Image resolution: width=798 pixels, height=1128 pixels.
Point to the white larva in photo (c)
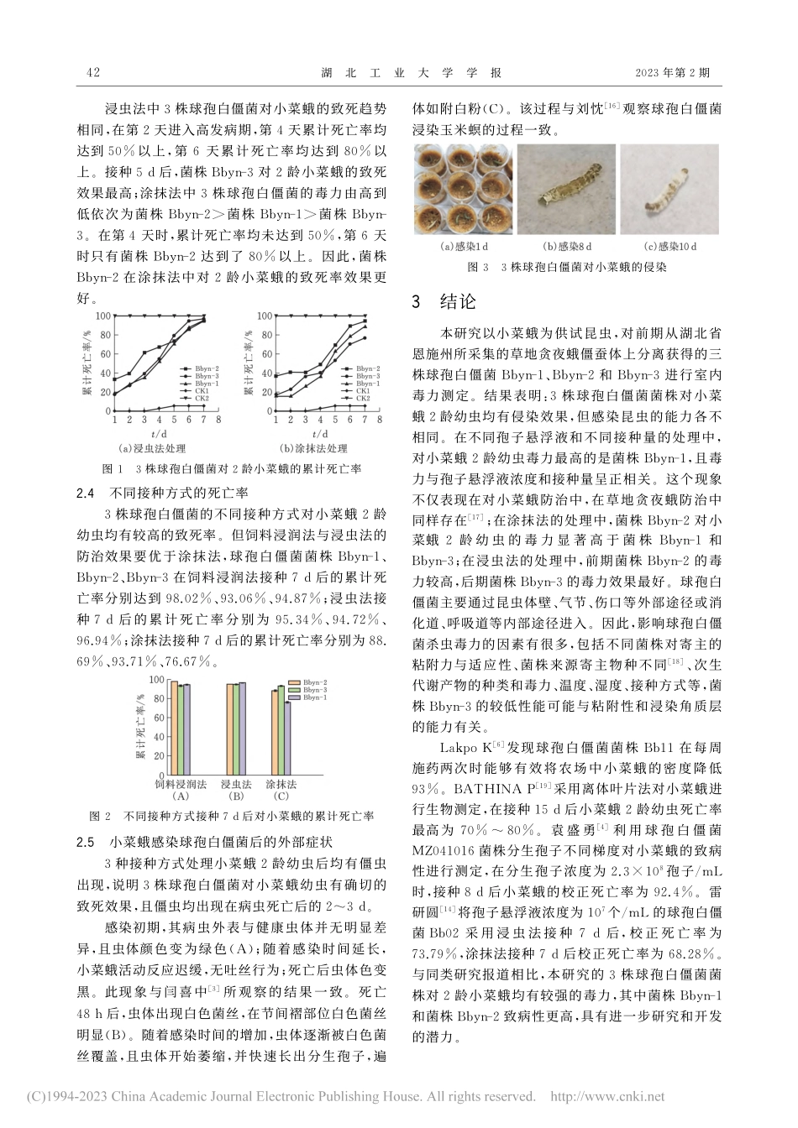point(659,194)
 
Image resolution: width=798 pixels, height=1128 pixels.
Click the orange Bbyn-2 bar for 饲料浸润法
point(174,728)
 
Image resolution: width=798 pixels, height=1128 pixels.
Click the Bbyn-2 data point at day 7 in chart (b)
point(365,320)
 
